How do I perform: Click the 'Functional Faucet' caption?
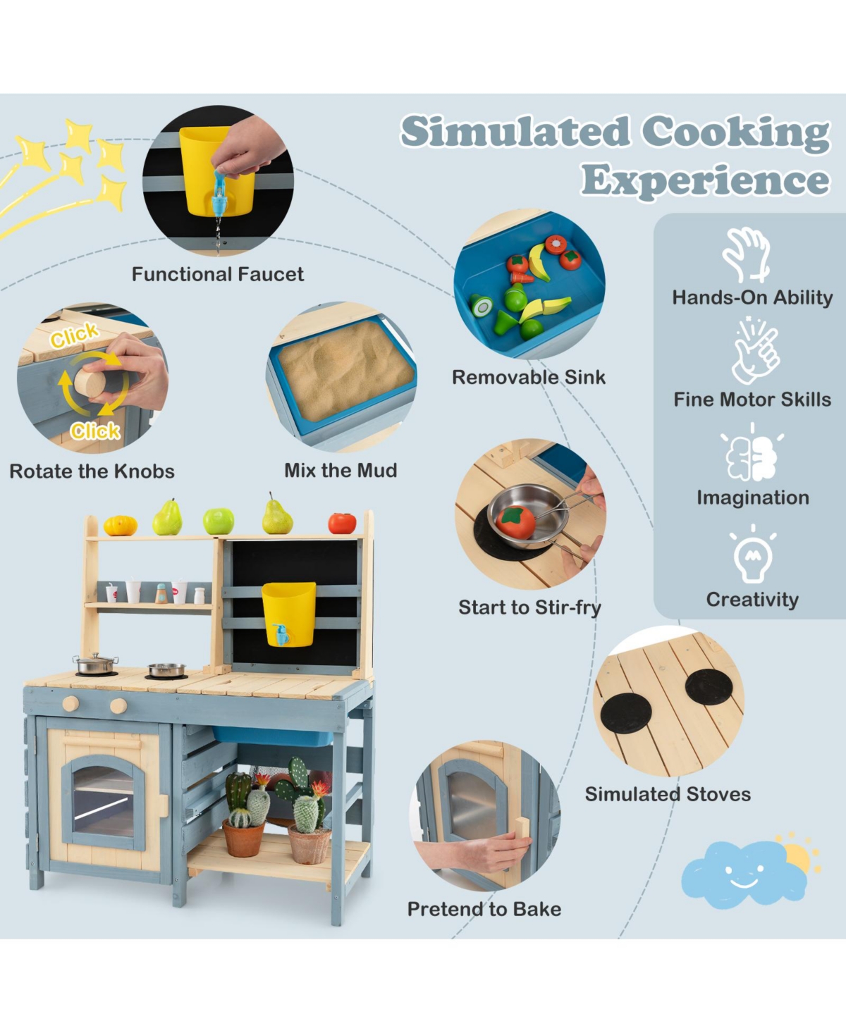tap(218, 274)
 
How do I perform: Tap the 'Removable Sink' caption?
tap(528, 377)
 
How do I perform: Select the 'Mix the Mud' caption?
tap(341, 470)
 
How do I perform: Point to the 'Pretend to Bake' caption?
tap(484, 909)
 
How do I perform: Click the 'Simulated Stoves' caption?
tap(668, 794)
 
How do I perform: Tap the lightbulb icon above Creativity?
tap(753, 554)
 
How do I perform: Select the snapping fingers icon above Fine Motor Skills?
tap(755, 351)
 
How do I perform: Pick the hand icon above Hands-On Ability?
tap(747, 254)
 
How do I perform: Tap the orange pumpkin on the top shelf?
tap(121, 526)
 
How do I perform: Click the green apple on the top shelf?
tap(219, 521)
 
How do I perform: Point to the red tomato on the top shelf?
tap(342, 523)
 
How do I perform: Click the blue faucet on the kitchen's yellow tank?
tap(282, 634)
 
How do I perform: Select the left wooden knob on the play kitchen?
tap(70, 704)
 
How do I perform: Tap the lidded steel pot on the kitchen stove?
tap(96, 664)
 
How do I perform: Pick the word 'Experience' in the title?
tap(705, 181)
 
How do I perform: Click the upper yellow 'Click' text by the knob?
tap(75, 335)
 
